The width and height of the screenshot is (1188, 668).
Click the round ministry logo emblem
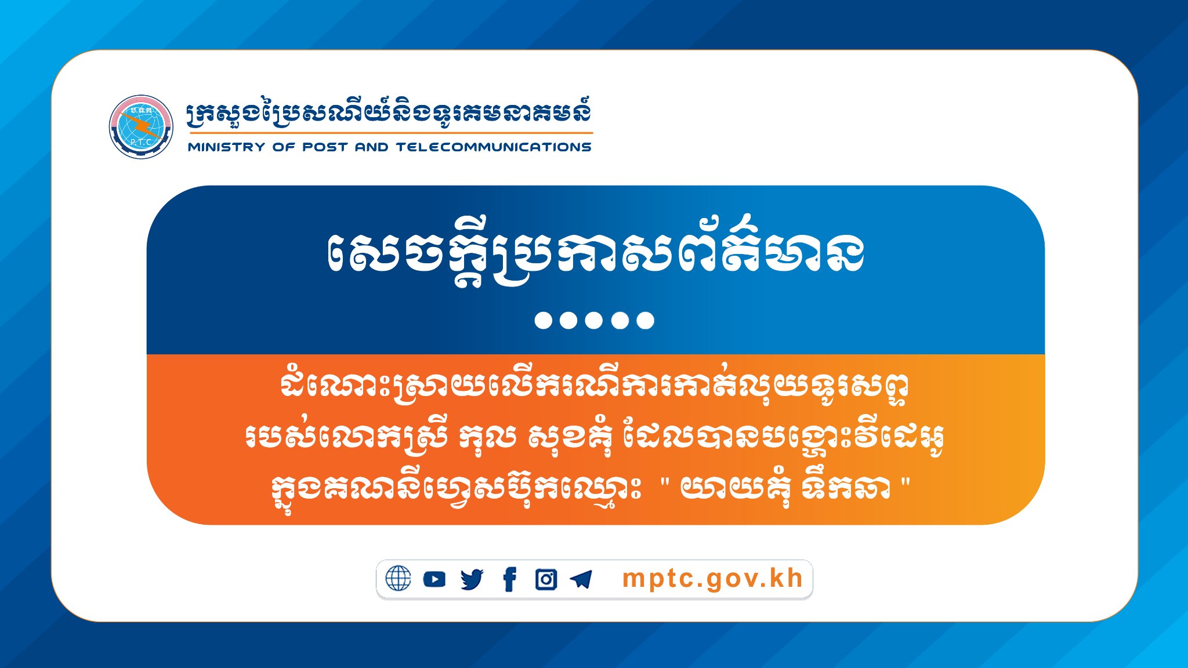141,127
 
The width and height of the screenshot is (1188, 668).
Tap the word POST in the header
325,147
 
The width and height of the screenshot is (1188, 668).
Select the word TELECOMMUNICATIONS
494,147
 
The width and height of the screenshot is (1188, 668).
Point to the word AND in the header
371,147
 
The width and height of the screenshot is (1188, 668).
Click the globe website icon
398,579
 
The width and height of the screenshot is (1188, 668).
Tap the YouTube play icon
434,579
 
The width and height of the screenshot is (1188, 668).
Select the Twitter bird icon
472,579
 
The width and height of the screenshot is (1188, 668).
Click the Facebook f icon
509,579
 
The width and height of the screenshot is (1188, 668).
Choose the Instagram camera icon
546,579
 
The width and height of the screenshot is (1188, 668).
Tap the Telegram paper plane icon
581,579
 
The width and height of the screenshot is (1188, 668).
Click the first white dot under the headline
543,320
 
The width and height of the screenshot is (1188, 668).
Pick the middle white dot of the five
594,320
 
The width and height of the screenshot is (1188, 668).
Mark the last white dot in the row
645,320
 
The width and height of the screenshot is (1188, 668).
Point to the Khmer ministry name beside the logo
389,114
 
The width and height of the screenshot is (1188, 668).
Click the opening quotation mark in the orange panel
665,482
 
